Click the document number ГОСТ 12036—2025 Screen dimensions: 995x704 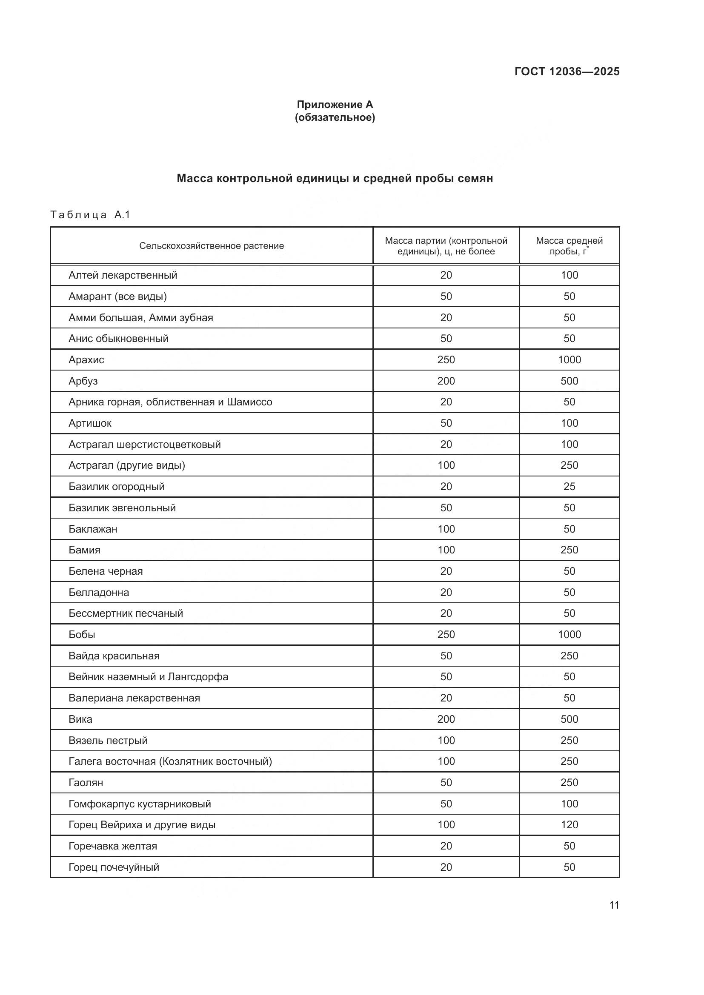pyautogui.click(x=567, y=71)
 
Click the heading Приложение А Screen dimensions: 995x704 pyautogui.click(x=335, y=105)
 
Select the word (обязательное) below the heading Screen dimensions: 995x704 pyautogui.click(x=335, y=117)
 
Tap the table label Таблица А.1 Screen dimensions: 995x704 pyautogui.click(x=90, y=215)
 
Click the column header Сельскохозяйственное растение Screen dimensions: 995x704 pyautogui.click(x=212, y=246)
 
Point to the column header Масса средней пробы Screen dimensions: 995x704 pyautogui.click(x=569, y=246)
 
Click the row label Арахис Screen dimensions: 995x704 pyautogui.click(x=86, y=360)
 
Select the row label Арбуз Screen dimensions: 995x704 pyautogui.click(x=83, y=381)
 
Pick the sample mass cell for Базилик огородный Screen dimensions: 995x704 pyautogui.click(x=569, y=486)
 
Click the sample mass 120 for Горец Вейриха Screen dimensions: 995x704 pyautogui.click(x=569, y=825)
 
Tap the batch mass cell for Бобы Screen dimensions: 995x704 pyautogui.click(x=446, y=634)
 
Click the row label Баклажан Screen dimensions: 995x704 pyautogui.click(x=93, y=529)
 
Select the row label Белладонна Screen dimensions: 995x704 pyautogui.click(x=99, y=593)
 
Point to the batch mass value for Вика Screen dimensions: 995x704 pyautogui.click(x=446, y=719)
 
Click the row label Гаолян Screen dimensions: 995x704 pyautogui.click(x=86, y=783)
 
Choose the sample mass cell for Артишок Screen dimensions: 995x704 pyautogui.click(x=569, y=423)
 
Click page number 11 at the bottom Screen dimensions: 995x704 pyautogui.click(x=614, y=905)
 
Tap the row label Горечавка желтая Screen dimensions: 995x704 pyautogui.click(x=113, y=846)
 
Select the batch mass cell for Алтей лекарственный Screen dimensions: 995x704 pyautogui.click(x=446, y=275)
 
